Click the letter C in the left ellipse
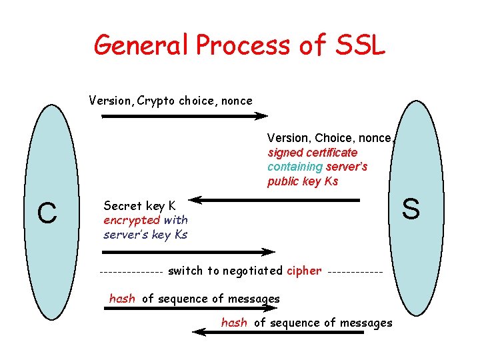pyautogui.click(x=47, y=213)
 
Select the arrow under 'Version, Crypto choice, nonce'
pyautogui.click(x=184, y=116)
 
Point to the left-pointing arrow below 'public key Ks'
pyautogui.click(x=273, y=199)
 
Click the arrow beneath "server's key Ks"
pyautogui.click(x=187, y=252)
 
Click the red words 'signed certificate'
pyautogui.click(x=313, y=153)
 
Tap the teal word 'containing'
pyautogui.click(x=295, y=167)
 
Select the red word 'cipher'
pyautogui.click(x=304, y=271)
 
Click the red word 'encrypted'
pyautogui.click(x=132, y=220)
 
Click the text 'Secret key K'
pyautogui.click(x=139, y=206)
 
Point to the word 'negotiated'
pyautogui.click(x=253, y=271)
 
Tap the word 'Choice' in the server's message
pyautogui.click(x=335, y=138)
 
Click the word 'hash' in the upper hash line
pyautogui.click(x=122, y=299)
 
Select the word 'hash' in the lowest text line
pyautogui.click(x=234, y=323)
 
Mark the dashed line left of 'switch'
pyautogui.click(x=131, y=272)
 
